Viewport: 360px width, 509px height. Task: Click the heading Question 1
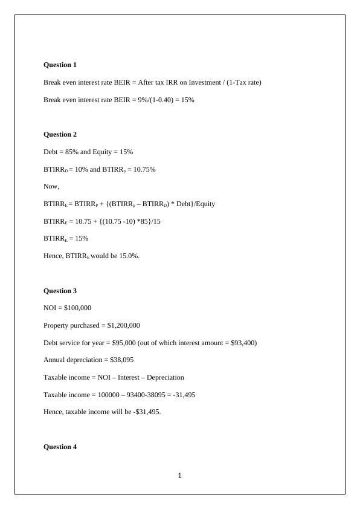point(60,65)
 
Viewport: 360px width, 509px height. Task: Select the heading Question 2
point(60,134)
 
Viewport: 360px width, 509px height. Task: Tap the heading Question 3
point(60,291)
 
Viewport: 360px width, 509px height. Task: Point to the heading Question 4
point(60,447)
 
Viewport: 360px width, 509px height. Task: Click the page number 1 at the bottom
point(180,476)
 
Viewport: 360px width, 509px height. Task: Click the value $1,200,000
point(123,325)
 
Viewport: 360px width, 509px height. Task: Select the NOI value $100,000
point(77,308)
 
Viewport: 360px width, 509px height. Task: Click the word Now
point(51,186)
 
